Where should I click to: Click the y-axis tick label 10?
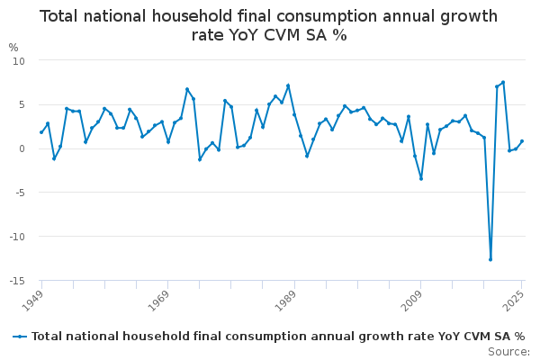tap(19, 60)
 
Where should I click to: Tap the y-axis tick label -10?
tap(17, 237)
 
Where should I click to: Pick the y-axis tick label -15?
tap(17, 281)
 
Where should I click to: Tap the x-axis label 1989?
tap(284, 298)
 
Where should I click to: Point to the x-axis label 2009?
tap(411, 298)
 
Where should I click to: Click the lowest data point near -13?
tap(490, 259)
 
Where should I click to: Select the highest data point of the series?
tap(503, 82)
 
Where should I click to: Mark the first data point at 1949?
tap(41, 132)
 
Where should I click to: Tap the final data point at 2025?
tap(522, 141)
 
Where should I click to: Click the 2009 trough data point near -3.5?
tap(421, 178)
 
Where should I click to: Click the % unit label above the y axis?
tap(13, 48)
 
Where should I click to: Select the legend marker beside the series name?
tap(20, 337)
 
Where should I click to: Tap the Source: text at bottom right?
tap(509, 351)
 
